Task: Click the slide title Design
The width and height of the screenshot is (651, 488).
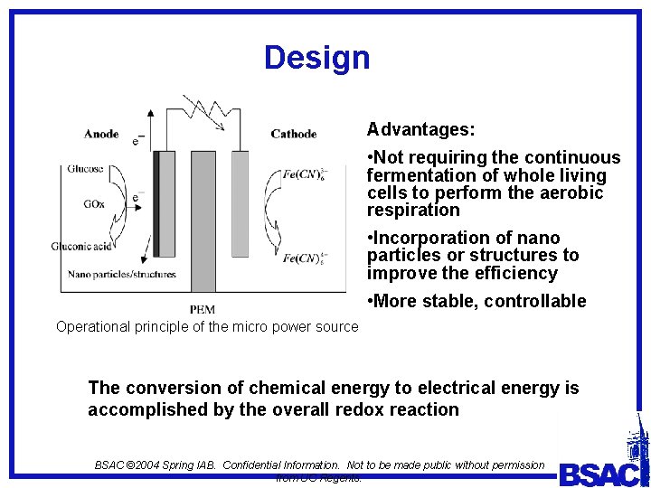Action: click(x=316, y=58)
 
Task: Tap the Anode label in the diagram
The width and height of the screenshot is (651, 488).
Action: click(x=101, y=135)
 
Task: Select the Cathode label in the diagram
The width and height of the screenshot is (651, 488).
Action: click(x=293, y=135)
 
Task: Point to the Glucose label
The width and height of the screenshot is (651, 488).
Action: click(x=85, y=169)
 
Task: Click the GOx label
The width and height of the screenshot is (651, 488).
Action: click(x=94, y=204)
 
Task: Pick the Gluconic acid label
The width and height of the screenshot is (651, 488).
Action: click(x=82, y=246)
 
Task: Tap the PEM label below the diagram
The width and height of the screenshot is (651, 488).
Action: click(x=203, y=309)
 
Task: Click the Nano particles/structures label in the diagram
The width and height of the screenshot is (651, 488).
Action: click(x=122, y=274)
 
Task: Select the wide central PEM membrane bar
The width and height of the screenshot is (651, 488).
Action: click(x=203, y=221)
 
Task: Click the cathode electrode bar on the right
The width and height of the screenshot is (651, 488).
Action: click(x=240, y=203)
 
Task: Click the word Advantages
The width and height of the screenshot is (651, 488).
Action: click(x=420, y=130)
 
